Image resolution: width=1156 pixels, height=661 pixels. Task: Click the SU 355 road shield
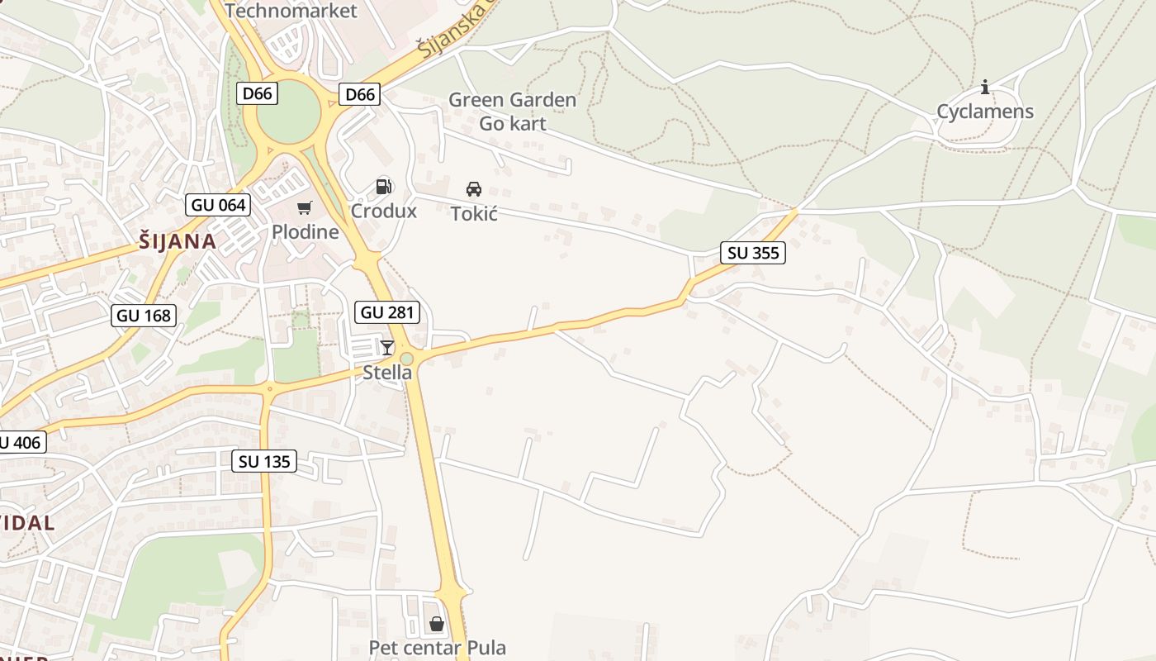click(x=753, y=253)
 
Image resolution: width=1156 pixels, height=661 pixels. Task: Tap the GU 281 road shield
click(x=387, y=312)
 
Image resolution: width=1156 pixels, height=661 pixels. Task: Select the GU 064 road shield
click(x=218, y=205)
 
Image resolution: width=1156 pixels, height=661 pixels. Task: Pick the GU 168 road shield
click(x=144, y=315)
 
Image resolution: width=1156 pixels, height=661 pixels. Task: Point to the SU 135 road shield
click(x=264, y=461)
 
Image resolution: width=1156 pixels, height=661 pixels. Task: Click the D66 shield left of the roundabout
click(x=258, y=93)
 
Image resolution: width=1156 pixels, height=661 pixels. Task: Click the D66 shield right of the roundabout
click(x=360, y=94)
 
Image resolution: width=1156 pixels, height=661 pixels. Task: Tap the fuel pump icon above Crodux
click(x=383, y=187)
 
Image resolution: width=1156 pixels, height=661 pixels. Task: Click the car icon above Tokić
click(x=474, y=189)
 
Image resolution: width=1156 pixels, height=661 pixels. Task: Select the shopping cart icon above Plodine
click(x=305, y=207)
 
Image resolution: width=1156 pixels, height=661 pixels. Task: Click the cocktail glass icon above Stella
click(x=386, y=347)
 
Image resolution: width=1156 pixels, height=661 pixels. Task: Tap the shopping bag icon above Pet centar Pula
click(x=437, y=623)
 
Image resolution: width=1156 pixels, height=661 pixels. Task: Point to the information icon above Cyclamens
click(x=984, y=87)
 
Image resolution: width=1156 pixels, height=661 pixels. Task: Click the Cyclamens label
click(x=984, y=112)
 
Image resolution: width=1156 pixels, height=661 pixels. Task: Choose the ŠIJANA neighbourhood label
click(x=178, y=241)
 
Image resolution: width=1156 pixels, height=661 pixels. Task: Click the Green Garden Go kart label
click(x=512, y=112)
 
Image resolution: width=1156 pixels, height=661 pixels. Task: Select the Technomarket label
click(x=291, y=11)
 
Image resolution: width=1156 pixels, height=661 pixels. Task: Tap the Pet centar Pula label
click(x=437, y=647)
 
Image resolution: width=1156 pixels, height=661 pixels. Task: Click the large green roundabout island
click(x=288, y=115)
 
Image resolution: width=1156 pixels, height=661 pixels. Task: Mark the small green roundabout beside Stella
click(x=407, y=358)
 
